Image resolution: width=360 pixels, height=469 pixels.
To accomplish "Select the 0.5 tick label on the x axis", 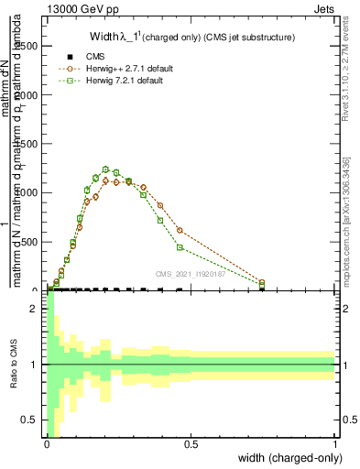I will [x=191, y=444].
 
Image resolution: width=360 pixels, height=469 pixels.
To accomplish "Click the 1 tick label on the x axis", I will [x=335, y=444].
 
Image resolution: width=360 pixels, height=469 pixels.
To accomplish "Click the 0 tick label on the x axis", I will [x=47, y=444].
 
